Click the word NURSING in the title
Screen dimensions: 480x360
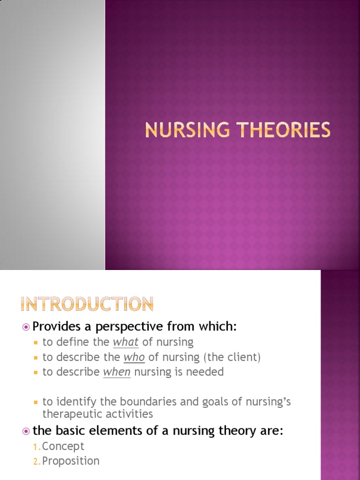185,130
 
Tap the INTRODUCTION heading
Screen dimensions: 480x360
87,304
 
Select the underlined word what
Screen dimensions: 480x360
126,342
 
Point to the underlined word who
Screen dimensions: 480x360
134,357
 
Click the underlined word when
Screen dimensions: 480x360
117,372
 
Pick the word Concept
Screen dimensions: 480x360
63,446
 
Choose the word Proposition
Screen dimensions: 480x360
71,461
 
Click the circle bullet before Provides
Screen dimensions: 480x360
26,327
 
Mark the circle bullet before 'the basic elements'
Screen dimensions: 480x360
26,431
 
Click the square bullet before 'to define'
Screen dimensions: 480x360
36,343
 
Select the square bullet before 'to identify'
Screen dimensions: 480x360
36,403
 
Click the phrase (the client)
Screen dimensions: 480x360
232,357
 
